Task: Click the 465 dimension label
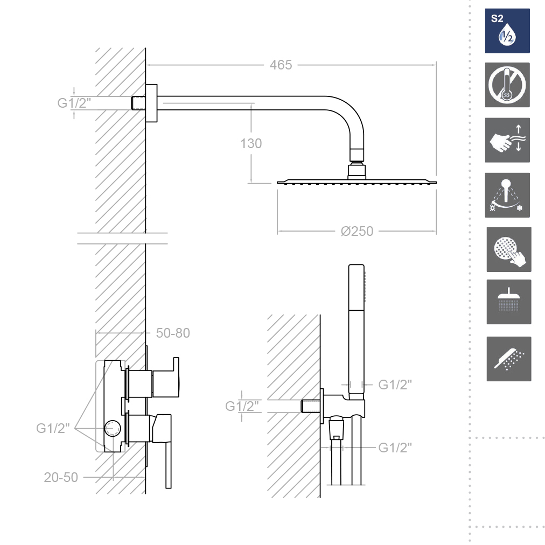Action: (281, 65)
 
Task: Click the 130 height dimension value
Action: (251, 144)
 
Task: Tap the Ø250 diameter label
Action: (357, 231)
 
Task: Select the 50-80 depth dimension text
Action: (173, 333)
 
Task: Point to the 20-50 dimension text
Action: (61, 477)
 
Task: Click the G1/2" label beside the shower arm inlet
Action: (74, 103)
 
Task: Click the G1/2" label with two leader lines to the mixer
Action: (53, 428)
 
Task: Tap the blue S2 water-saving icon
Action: (507, 31)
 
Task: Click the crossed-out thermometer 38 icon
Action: (507, 85)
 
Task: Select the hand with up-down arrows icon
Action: (507, 140)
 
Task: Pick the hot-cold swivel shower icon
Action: (507, 195)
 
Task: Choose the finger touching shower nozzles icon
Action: (509, 249)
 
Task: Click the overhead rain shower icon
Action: (509, 302)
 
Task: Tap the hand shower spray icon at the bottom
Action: (509, 359)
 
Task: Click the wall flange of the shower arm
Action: (151, 103)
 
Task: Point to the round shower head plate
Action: (357, 182)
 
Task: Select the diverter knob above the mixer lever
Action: (166, 378)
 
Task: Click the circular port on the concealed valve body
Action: (112, 429)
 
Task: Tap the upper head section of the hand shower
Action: (357, 287)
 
